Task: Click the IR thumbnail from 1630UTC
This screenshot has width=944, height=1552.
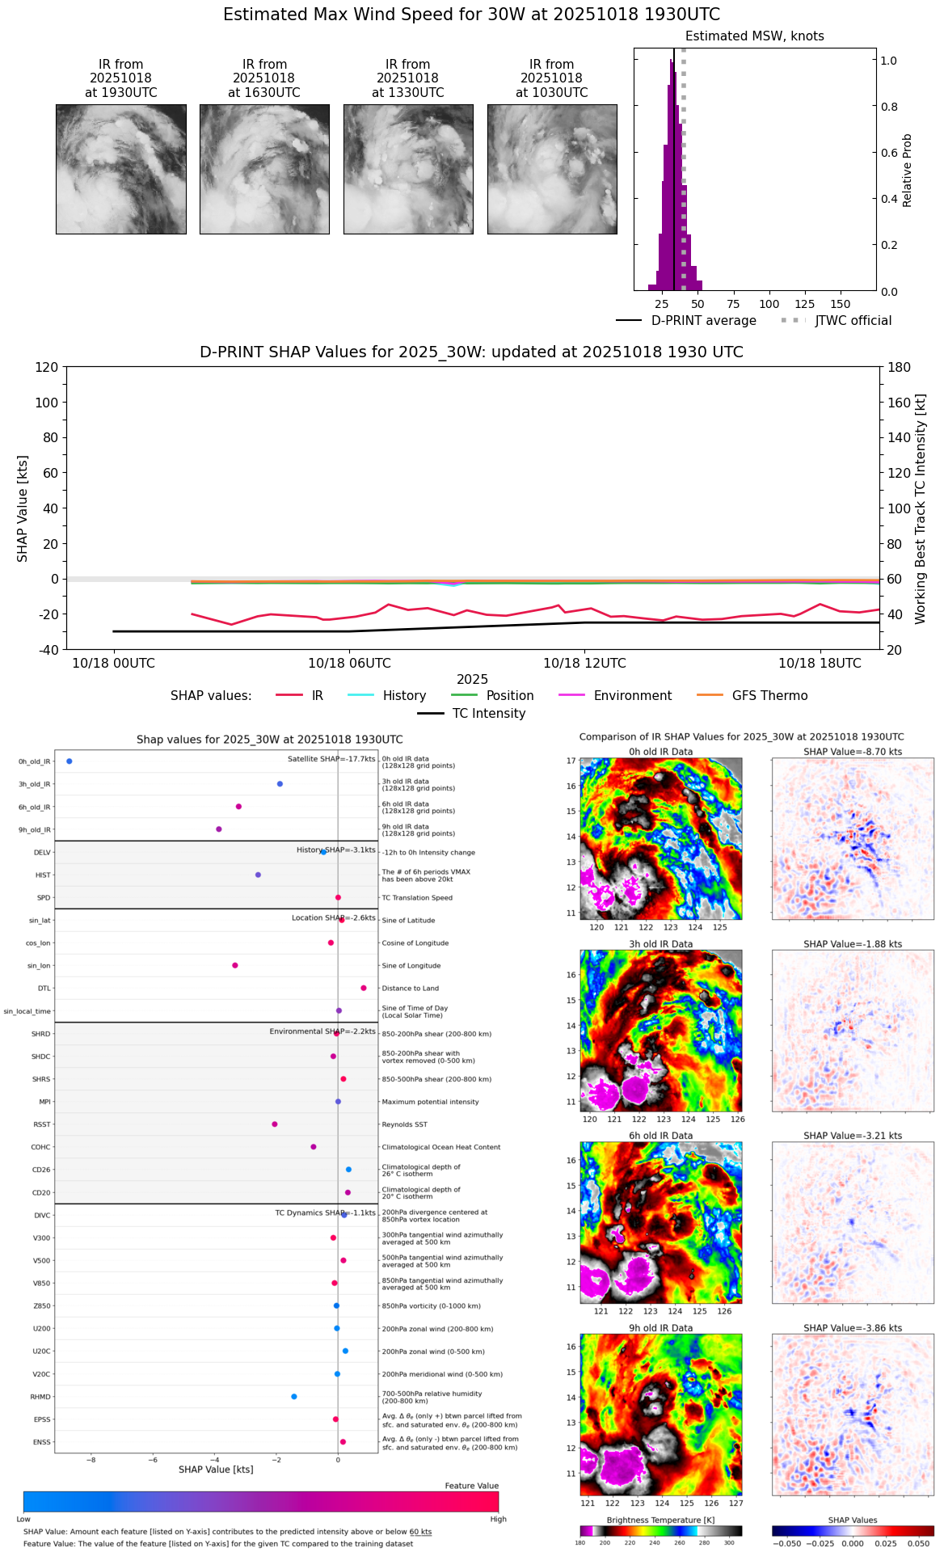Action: click(264, 169)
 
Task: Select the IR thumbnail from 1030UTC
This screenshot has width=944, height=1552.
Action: click(552, 169)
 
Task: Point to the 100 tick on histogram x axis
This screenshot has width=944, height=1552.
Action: click(769, 304)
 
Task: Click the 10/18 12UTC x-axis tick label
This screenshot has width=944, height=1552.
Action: click(584, 664)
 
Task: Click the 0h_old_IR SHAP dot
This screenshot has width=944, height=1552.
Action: click(70, 761)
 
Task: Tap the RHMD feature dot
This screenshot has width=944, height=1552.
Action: click(294, 1397)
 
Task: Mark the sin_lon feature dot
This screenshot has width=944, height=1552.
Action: click(235, 966)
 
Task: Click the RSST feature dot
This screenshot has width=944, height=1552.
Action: click(275, 1124)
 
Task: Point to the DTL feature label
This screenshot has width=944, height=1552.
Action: click(44, 989)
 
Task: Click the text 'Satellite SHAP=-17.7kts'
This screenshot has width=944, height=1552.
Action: click(331, 759)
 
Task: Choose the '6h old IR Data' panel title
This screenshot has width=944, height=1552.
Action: click(660, 1136)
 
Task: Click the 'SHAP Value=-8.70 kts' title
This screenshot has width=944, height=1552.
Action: click(853, 752)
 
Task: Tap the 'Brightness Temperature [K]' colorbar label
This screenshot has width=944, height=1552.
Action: click(660, 1520)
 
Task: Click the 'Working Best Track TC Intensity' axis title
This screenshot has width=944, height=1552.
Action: click(921, 509)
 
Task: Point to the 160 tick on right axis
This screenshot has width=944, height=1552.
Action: click(900, 403)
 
